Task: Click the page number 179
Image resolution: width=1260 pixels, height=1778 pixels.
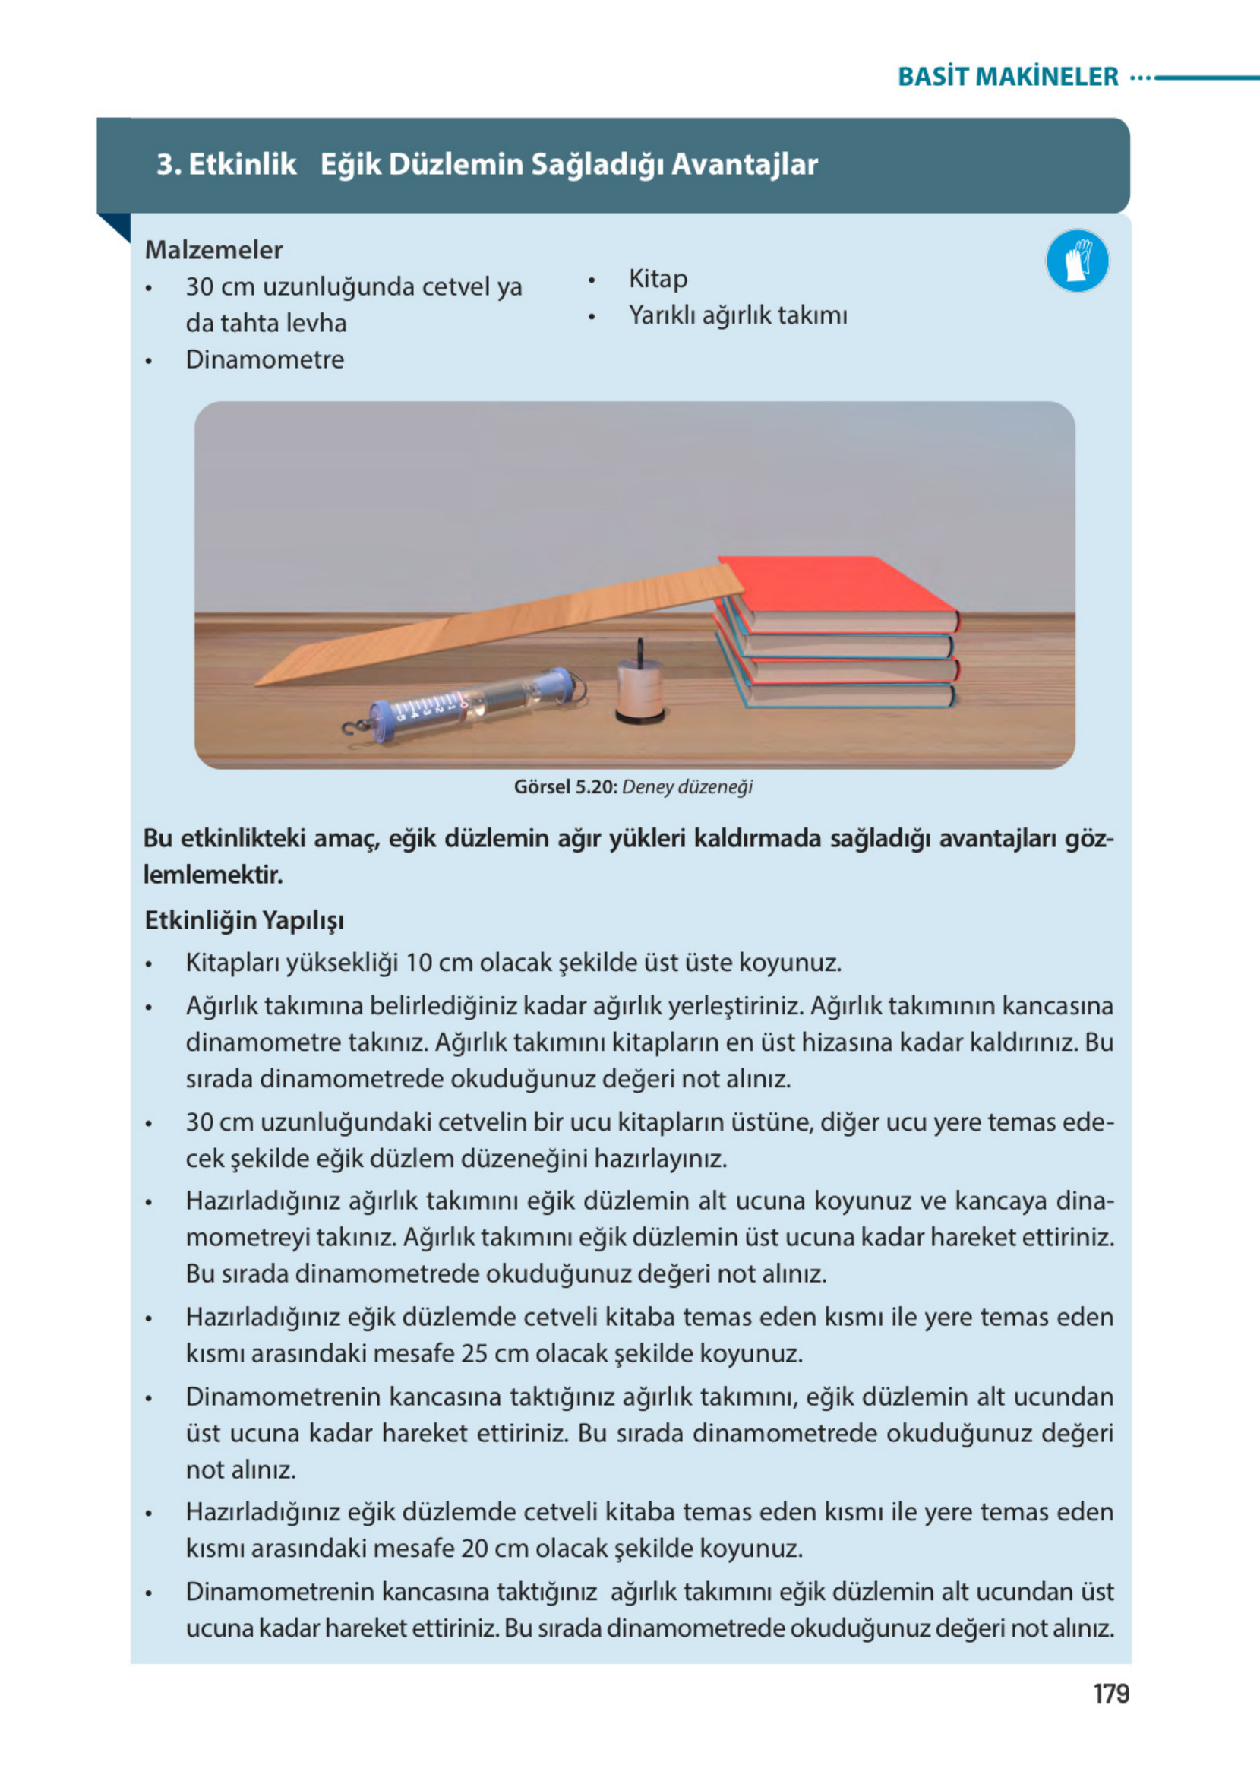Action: (1110, 1694)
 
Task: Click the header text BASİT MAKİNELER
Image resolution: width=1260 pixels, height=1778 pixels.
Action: (1007, 77)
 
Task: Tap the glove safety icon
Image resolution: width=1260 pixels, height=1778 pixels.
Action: (1077, 261)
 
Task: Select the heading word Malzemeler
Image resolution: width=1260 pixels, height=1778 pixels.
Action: (213, 250)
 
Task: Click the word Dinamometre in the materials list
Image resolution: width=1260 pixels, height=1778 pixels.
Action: (264, 359)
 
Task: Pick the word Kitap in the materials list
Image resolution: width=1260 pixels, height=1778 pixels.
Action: (657, 279)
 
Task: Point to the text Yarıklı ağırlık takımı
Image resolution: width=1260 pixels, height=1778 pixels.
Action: (737, 315)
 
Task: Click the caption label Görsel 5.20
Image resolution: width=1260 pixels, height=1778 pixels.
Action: (565, 787)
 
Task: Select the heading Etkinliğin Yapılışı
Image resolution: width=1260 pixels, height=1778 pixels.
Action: (244, 920)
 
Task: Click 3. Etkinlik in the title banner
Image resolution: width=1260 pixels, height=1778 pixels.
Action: (226, 165)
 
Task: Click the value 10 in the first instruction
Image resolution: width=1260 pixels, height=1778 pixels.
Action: (418, 963)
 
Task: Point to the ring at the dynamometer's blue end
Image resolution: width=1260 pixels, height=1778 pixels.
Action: (576, 686)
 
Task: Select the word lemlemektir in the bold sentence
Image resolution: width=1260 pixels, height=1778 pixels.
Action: (213, 875)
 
